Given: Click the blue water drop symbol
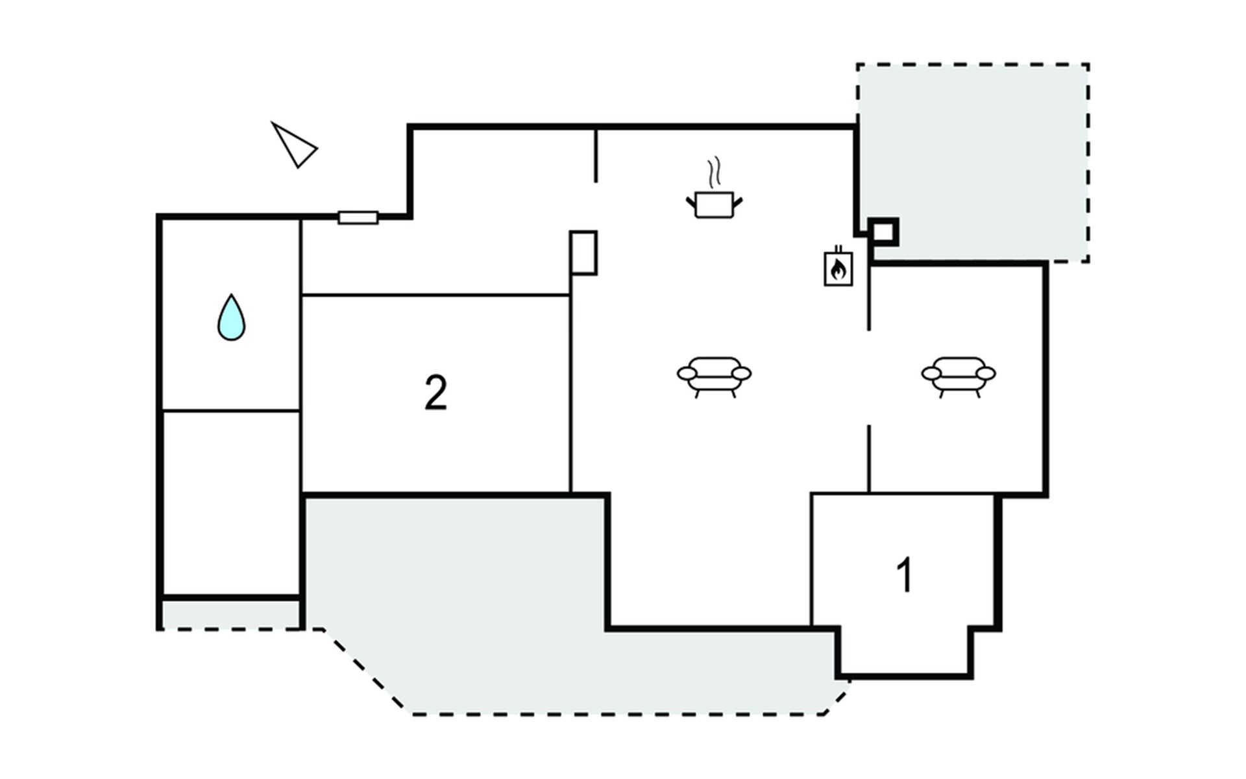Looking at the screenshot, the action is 232,318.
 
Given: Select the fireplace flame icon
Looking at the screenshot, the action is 838,267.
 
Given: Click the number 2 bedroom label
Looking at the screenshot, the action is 435,393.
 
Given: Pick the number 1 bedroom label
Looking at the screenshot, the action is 904,575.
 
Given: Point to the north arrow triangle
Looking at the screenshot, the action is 294,145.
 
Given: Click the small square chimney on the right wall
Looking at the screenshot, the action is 884,231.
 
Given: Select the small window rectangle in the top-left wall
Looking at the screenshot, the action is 358,217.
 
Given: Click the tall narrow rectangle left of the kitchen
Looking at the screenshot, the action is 583,253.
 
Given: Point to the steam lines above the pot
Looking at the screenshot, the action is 714,172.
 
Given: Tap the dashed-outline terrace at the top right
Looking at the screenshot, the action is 973,162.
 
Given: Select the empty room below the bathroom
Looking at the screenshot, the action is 231,502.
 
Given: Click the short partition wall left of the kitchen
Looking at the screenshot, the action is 596,156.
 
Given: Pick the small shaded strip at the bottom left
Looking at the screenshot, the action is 230,614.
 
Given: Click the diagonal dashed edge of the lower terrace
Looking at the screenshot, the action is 367,672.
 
